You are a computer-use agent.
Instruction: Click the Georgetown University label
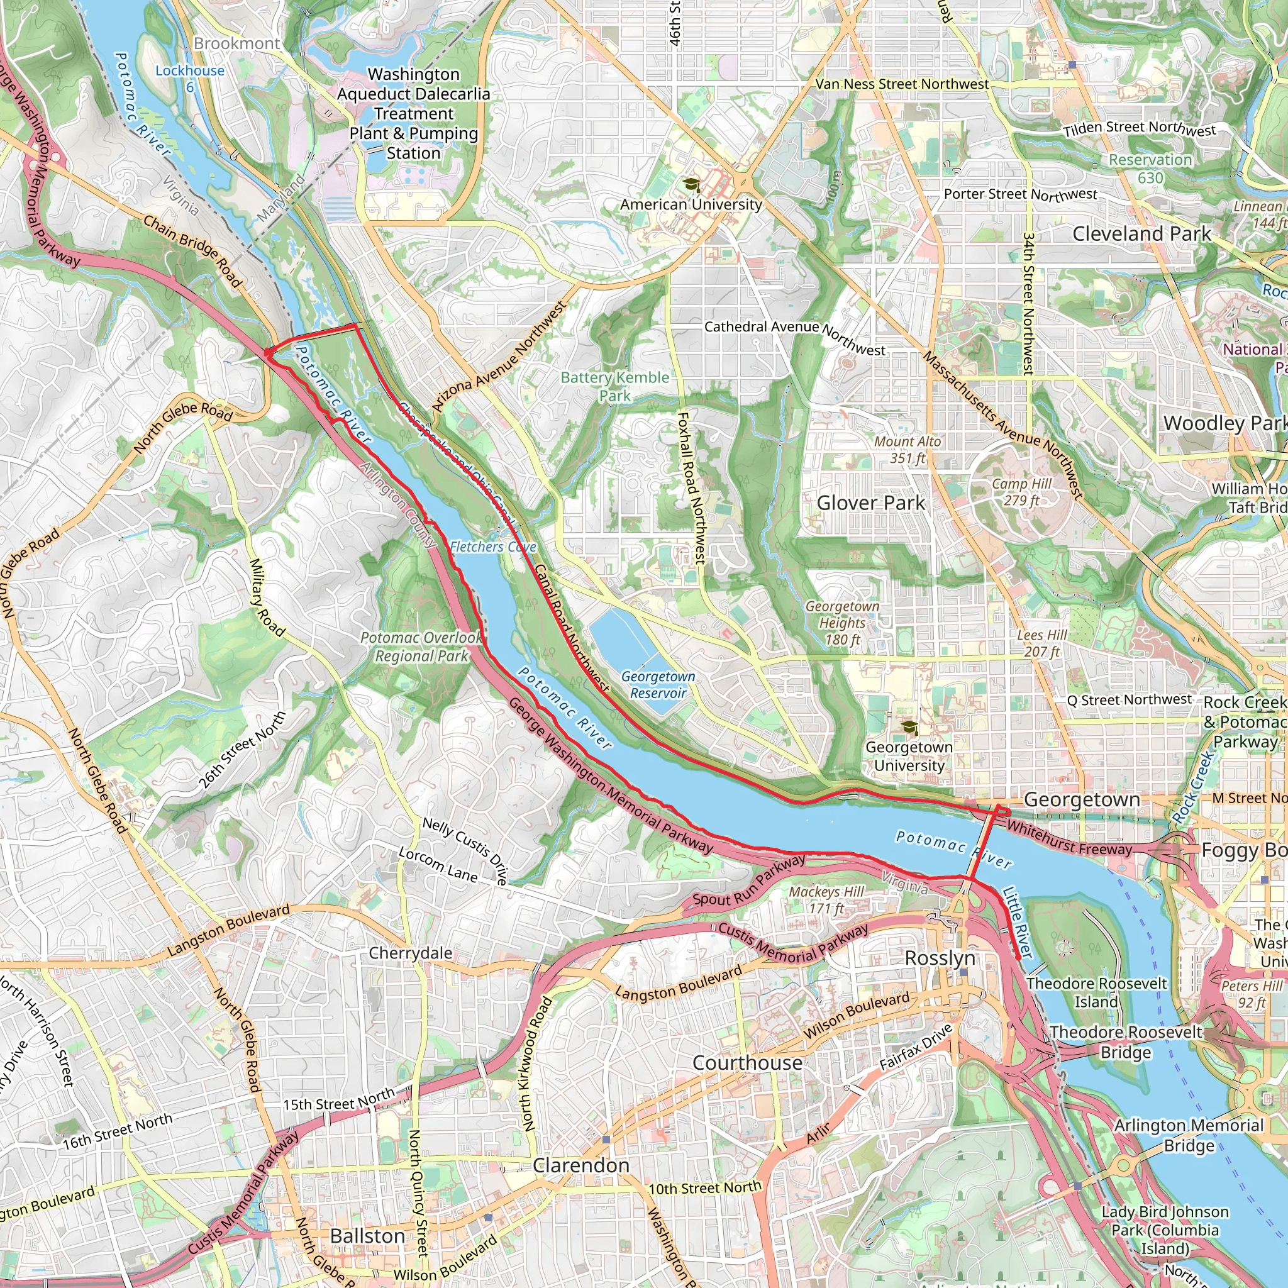pos(909,756)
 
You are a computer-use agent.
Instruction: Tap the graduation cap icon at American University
pos(691,185)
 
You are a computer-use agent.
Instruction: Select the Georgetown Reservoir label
pos(658,685)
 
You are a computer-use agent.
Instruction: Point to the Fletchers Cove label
pos(492,547)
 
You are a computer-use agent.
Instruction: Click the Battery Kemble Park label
pos(614,387)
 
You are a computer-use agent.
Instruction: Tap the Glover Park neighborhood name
pos(870,502)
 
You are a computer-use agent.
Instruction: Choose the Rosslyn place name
pos(940,958)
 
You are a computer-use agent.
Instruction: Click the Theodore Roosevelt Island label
pos(1096,992)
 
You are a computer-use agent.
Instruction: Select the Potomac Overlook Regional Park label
pos(421,647)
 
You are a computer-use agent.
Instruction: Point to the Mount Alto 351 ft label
pos(908,450)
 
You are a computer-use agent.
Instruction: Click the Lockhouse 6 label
pos(190,78)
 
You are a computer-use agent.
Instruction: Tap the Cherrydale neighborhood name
pos(411,953)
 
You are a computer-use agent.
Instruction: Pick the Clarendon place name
pos(580,1165)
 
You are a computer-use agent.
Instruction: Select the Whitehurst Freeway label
pos(1069,840)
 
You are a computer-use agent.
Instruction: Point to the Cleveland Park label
pos(1141,234)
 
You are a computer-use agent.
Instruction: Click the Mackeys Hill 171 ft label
pos(826,900)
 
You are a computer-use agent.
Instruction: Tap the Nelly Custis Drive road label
pos(465,852)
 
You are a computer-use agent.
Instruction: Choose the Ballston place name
pos(367,1236)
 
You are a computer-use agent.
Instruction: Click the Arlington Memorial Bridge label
pos(1189,1135)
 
